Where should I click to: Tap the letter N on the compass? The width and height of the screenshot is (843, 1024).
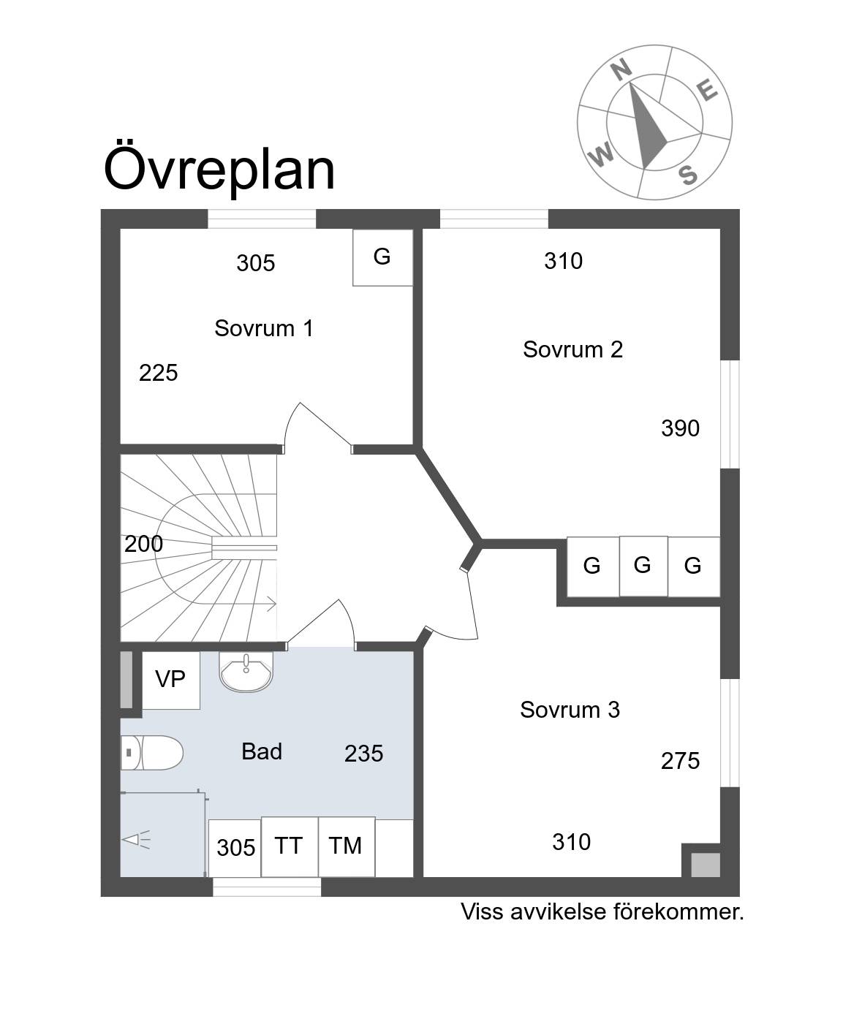point(621,70)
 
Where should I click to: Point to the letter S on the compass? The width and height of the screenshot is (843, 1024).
point(688,175)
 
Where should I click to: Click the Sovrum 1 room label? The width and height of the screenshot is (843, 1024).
point(264,328)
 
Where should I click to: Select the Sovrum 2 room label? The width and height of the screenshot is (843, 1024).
point(572,349)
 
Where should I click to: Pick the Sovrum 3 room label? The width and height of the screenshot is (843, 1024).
point(570,710)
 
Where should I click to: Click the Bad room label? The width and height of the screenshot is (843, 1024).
point(262,751)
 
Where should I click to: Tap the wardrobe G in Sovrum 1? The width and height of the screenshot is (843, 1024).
point(382,257)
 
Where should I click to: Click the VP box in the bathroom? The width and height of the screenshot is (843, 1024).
point(170,680)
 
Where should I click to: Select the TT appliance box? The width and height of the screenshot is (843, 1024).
point(290,846)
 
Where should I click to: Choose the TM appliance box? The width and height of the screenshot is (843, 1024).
point(347,846)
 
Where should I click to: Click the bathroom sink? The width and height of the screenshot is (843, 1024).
point(246,672)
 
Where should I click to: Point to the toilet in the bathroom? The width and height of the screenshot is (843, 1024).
point(151,753)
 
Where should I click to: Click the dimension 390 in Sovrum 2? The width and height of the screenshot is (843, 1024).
point(680,428)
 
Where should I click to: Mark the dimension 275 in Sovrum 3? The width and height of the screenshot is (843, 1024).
point(680,761)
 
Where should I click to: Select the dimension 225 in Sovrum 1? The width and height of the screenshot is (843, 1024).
point(159,373)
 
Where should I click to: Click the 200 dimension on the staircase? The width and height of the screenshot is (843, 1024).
point(143,544)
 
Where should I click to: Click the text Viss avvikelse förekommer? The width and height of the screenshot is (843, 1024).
point(602,912)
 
